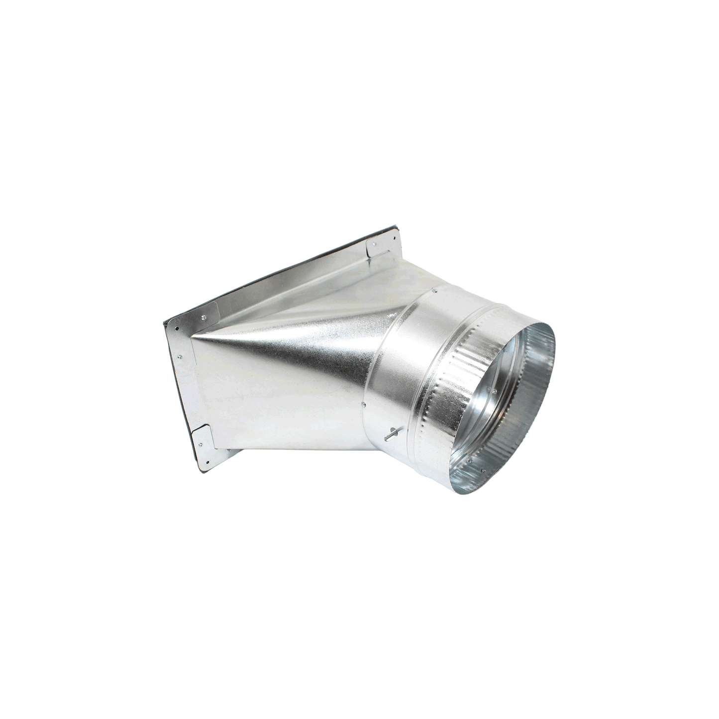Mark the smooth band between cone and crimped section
point(398,368)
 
